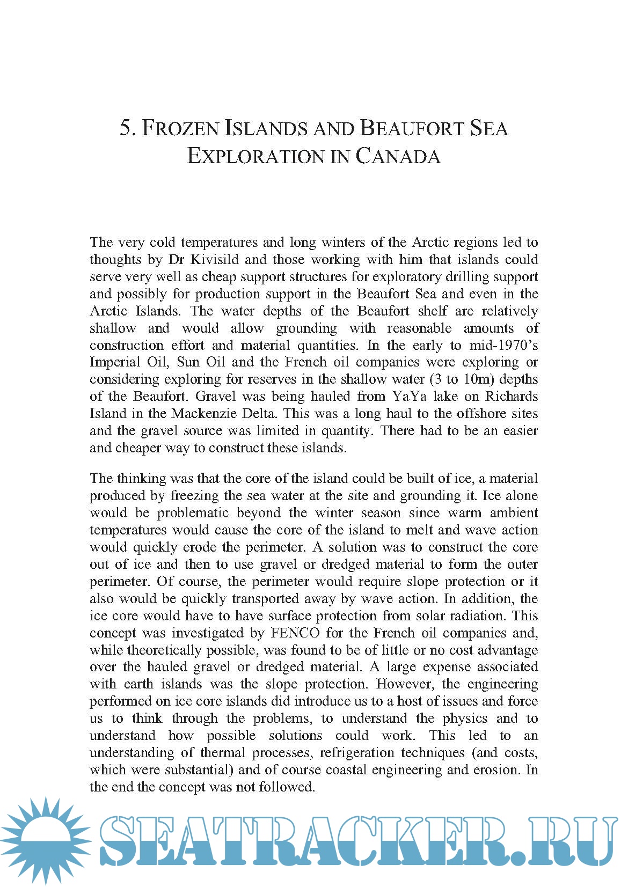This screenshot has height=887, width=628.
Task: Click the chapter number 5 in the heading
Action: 125,129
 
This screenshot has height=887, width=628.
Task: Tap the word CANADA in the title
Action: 398,157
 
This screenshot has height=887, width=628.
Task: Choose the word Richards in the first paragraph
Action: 511,397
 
